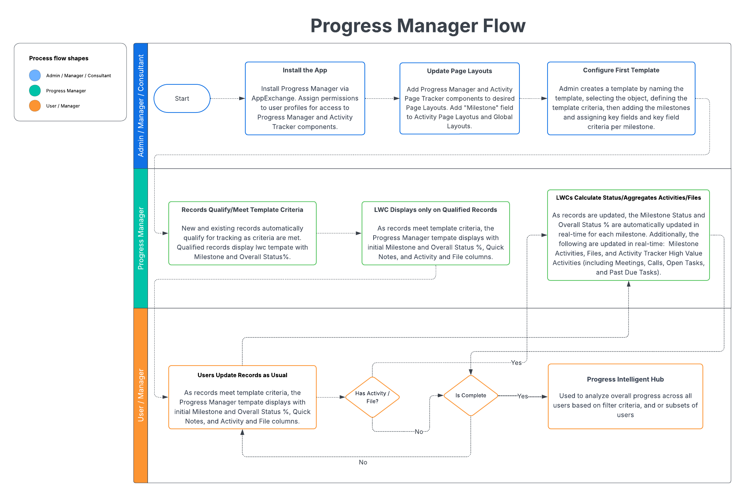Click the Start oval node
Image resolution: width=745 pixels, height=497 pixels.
[182, 98]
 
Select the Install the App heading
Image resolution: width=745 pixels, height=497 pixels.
[305, 70]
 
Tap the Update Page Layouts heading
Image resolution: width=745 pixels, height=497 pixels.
[459, 71]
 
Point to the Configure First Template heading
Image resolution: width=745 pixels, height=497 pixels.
[621, 70]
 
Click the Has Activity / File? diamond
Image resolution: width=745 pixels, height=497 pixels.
[372, 397]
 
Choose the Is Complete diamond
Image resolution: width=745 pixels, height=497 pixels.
[471, 395]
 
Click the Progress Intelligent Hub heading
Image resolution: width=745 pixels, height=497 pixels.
[625, 379]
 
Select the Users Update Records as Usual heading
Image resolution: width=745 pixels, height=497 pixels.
[242, 375]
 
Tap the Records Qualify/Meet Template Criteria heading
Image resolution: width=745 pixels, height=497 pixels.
[242, 210]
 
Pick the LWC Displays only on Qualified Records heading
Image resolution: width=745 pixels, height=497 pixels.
[435, 210]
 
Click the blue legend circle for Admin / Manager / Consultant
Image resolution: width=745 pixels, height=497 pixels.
[35, 75]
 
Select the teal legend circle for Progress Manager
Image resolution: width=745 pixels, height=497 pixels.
[35, 90]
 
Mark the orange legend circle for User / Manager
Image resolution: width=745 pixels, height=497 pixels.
[35, 105]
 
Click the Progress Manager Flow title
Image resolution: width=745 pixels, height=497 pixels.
[418, 26]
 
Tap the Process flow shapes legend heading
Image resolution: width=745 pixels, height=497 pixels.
[59, 58]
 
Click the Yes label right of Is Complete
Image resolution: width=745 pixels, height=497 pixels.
[523, 396]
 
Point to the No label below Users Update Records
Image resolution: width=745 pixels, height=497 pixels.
[363, 462]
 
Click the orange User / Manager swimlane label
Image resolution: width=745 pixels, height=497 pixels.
[141, 395]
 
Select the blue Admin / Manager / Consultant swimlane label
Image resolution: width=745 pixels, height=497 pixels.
[141, 105]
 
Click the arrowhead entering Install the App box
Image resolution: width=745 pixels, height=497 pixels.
[242, 98]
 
